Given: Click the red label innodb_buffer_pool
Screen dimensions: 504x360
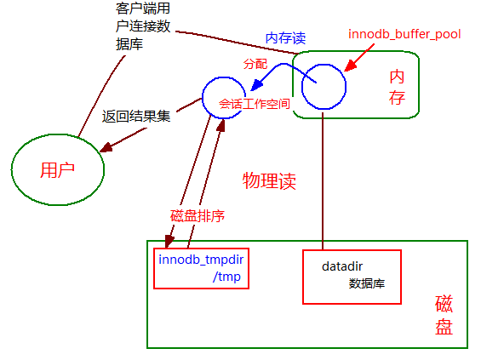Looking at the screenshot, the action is [404, 34].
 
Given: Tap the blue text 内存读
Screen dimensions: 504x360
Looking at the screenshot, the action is [285, 38].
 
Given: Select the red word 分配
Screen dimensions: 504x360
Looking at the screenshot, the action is [255, 64].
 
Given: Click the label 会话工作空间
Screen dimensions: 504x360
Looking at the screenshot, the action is [255, 104].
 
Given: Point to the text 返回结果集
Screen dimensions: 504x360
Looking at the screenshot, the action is [136, 116].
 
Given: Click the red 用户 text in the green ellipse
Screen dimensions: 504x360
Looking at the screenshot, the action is [58, 170].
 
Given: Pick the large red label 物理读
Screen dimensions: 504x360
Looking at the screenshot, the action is [269, 181].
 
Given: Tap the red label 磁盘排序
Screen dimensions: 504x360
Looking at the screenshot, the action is [198, 216].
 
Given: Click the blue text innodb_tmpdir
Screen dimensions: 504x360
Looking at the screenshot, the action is [201, 260].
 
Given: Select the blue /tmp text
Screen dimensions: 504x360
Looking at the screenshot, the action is [226, 277].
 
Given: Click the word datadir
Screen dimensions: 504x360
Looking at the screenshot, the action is [342, 266].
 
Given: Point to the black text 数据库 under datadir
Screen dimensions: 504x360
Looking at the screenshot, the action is [367, 283].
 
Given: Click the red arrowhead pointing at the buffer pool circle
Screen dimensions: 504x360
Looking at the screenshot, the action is [351, 66].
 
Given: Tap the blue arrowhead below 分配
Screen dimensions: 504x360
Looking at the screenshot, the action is [256, 85].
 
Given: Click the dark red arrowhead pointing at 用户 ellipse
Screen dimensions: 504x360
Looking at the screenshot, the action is [106, 147].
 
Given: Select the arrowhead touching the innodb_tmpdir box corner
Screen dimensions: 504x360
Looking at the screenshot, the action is [169, 241].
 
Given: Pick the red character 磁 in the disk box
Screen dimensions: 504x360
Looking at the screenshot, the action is [444, 304].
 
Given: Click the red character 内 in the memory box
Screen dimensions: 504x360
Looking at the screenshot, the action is [397, 77].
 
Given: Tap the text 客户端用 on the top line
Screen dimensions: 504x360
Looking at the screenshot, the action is [143, 9].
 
